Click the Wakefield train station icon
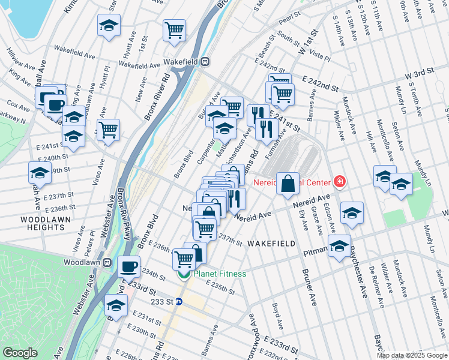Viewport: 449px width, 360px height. click(x=205, y=61)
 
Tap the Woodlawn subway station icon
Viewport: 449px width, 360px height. click(x=107, y=263)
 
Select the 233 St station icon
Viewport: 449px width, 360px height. click(x=178, y=302)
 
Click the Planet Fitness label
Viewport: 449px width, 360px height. click(x=219, y=274)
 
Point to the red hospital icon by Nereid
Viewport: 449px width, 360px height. click(x=340, y=180)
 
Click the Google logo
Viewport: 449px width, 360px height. click(x=20, y=353)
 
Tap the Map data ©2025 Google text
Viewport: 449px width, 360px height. click(x=411, y=355)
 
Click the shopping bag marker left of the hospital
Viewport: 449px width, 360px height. click(x=288, y=184)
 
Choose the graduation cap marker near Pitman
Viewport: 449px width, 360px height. click(x=339, y=246)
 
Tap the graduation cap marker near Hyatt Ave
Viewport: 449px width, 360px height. click(x=109, y=26)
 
